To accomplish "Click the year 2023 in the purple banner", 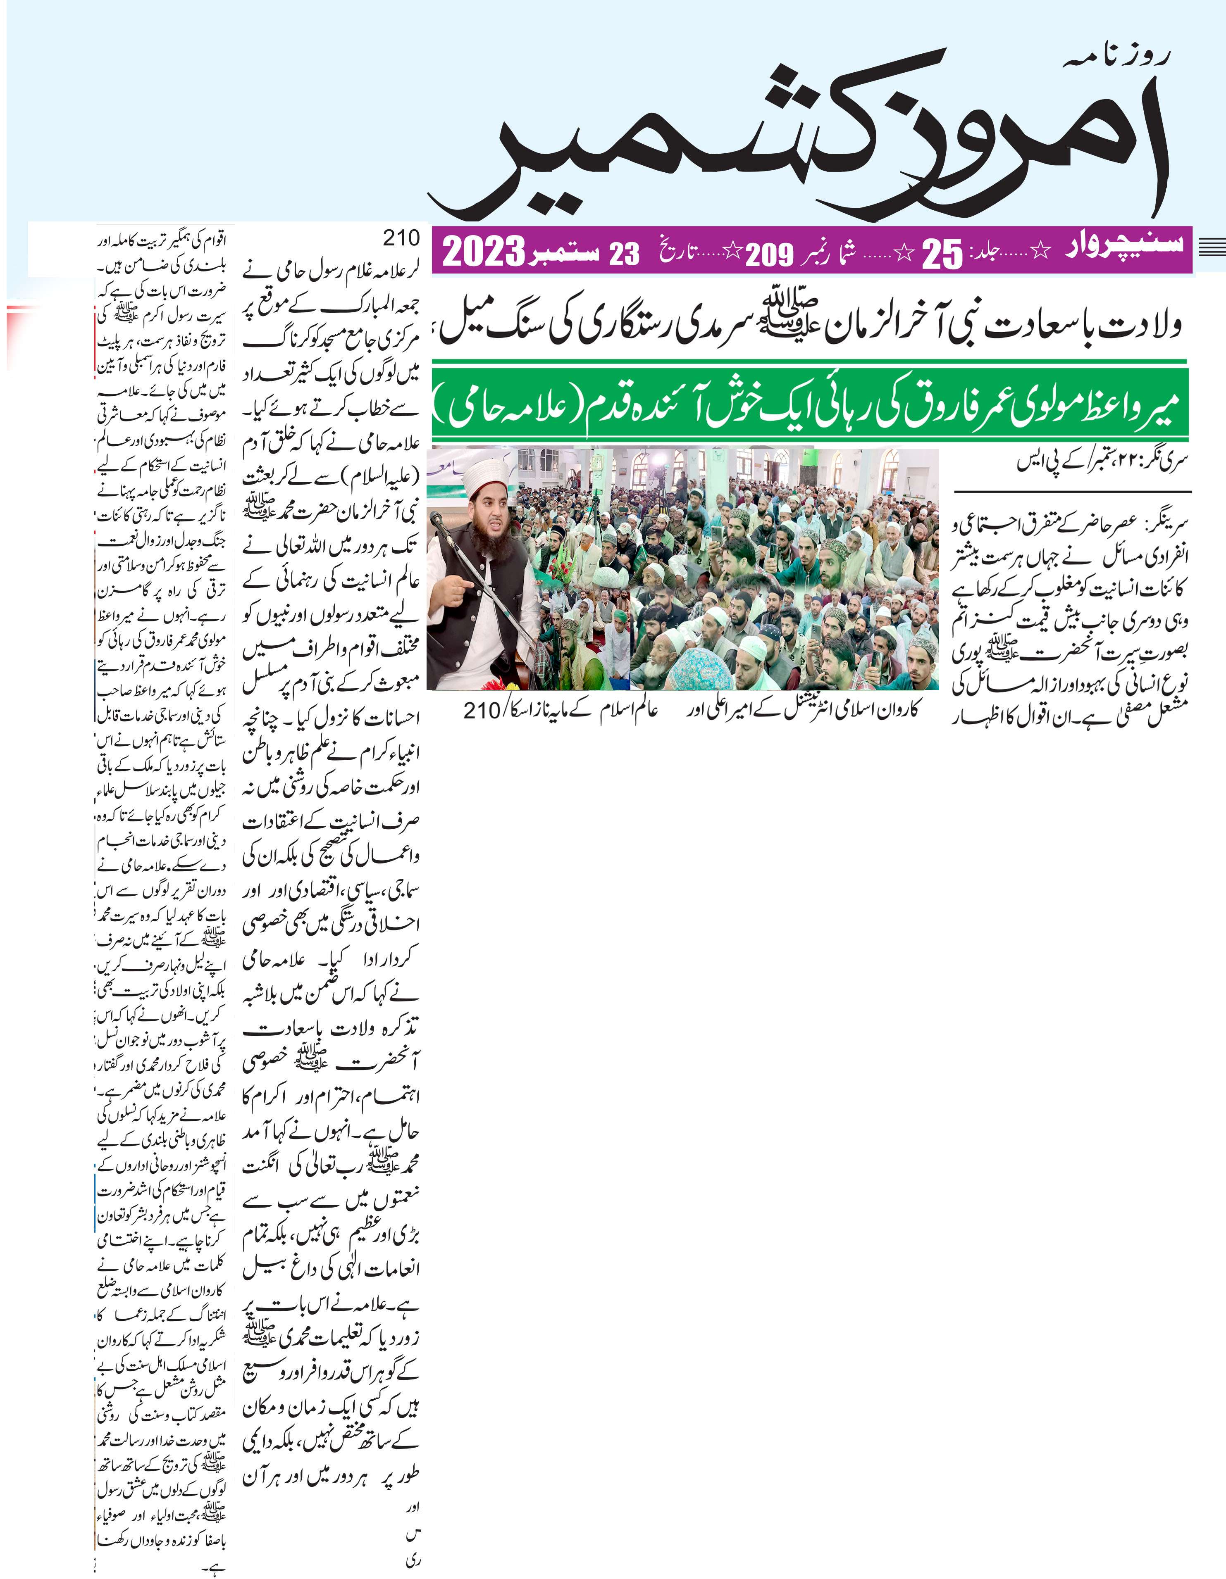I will tap(483, 252).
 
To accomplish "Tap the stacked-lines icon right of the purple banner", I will tap(1212, 247).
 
